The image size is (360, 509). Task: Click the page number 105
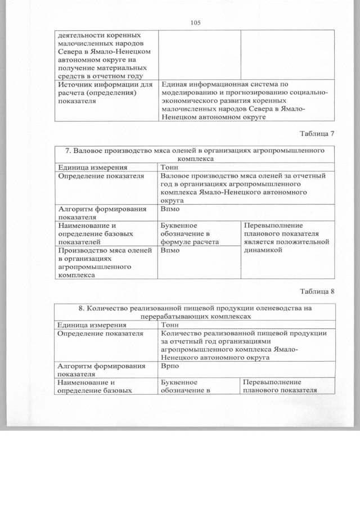coord(195,22)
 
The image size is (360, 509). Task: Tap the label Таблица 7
coord(317,133)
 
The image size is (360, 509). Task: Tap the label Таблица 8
coord(317,291)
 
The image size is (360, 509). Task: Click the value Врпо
coord(169,365)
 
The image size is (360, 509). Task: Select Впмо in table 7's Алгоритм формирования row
coord(170,208)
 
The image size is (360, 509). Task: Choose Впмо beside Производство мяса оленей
coord(170,250)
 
